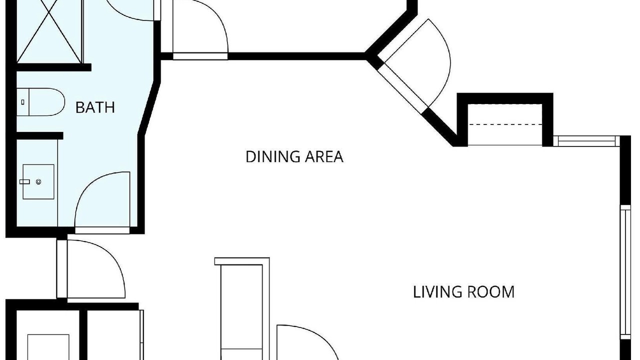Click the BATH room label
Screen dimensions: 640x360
point(95,107)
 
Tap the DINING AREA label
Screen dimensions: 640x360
point(294,157)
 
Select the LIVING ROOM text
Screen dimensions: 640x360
point(463,292)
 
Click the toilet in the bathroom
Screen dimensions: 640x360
point(40,102)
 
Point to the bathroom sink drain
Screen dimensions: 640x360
point(38,181)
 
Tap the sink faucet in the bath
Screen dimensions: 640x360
point(24,181)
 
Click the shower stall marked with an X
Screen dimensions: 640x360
point(49,31)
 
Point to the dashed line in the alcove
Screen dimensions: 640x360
point(505,124)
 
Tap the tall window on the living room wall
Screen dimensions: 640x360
point(625,272)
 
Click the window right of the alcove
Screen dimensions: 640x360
point(586,141)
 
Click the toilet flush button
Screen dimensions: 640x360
point(23,102)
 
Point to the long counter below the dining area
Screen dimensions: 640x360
point(242,309)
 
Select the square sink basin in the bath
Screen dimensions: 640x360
point(38,181)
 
